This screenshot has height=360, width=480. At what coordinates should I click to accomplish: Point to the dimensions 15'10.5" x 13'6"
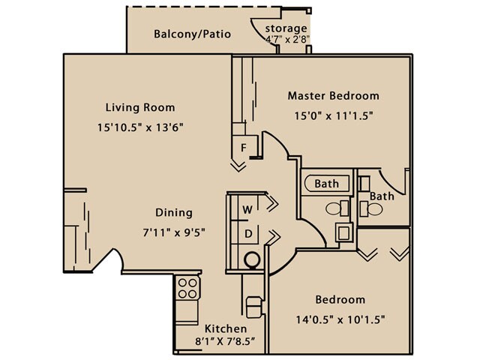click(x=140, y=127)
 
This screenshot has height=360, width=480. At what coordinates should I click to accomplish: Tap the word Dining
click(x=173, y=212)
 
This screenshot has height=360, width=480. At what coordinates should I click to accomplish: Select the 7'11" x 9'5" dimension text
click(x=173, y=232)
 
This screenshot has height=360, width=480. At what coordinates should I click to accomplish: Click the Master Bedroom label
click(x=334, y=96)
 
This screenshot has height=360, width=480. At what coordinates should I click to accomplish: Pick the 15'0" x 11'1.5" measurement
click(x=334, y=115)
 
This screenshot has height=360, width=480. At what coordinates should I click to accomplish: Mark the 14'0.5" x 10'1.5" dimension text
click(x=340, y=319)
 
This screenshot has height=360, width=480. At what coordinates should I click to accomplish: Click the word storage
click(x=287, y=28)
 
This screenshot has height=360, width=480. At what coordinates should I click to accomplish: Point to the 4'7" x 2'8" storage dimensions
click(x=287, y=40)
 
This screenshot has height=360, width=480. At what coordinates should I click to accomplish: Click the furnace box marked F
click(x=243, y=147)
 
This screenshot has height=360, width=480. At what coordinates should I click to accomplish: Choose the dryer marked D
click(x=246, y=234)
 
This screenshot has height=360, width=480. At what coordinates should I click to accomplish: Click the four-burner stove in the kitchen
click(x=187, y=289)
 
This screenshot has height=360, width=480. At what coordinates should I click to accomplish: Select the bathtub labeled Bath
click(x=327, y=183)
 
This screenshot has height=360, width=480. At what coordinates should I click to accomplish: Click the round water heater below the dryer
click(x=252, y=259)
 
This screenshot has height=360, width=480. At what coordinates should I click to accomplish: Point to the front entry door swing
click(x=112, y=261)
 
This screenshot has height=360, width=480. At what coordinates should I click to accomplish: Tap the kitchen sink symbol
click(x=255, y=307)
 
